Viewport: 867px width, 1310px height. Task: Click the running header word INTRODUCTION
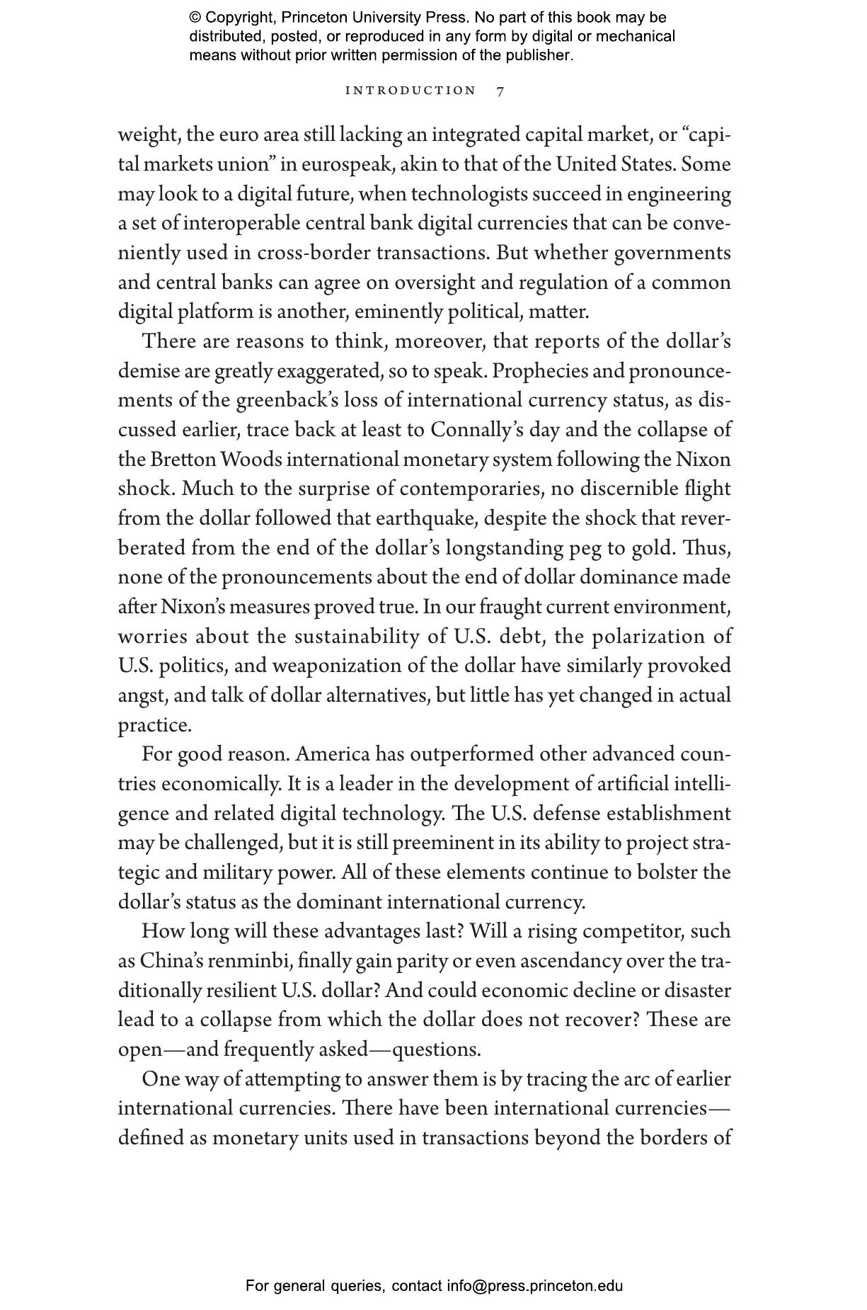coord(410,91)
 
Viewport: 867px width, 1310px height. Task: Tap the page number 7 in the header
coord(500,91)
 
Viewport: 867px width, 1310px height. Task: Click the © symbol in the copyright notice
coord(195,18)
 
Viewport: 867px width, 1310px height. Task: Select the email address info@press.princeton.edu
coord(534,1286)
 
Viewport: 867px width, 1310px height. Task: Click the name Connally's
coord(477,430)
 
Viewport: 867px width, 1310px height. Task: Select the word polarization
coord(647,637)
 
